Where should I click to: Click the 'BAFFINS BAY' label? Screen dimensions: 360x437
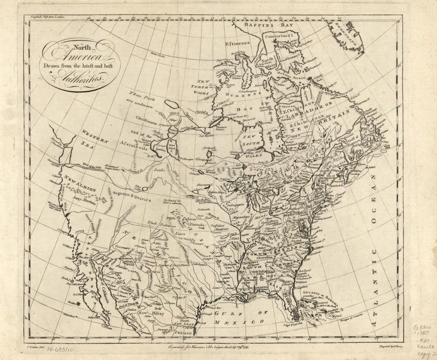270,25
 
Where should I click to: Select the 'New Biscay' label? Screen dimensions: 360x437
148,313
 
